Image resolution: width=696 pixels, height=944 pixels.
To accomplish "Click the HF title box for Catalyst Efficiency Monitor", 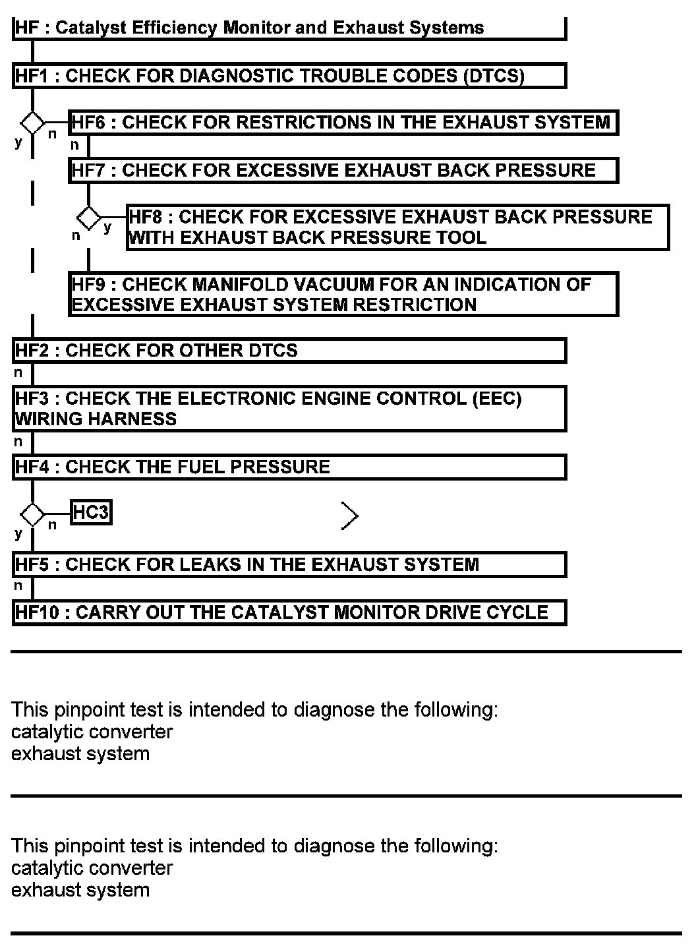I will point(289,28).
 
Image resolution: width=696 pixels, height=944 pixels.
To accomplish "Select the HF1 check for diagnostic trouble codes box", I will point(289,76).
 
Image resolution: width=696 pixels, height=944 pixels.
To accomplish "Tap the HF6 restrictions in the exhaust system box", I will point(343,123).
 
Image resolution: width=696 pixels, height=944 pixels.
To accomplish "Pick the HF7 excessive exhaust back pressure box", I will point(343,171).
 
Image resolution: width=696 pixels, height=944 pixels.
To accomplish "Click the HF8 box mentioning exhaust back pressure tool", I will point(397,227).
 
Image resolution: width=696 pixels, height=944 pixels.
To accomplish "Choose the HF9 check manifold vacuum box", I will point(343,295).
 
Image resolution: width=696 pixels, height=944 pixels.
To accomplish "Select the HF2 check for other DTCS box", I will point(289,350).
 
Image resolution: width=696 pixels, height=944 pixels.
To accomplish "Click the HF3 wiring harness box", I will point(289,409).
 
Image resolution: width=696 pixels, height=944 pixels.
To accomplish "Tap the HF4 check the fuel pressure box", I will point(289,467).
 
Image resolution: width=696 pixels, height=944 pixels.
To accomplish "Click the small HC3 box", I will point(91,512).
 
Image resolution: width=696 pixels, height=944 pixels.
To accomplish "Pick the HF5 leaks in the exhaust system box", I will point(289,565).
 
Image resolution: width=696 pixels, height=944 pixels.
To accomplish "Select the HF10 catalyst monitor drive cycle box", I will point(289,612).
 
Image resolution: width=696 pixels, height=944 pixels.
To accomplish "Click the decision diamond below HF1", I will point(32,123).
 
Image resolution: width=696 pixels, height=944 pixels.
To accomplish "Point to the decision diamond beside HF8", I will point(89,217).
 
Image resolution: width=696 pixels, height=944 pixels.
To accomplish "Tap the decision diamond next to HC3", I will point(32,514).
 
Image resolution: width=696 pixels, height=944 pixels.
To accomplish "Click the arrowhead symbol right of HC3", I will point(350,516).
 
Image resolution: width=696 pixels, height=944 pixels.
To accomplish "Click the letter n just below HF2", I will point(18,373).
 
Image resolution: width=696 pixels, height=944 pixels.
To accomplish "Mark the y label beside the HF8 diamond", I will point(108,228).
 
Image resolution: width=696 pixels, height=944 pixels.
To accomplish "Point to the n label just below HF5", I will point(18,585).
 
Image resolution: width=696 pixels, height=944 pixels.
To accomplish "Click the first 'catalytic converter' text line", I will point(92,732).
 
